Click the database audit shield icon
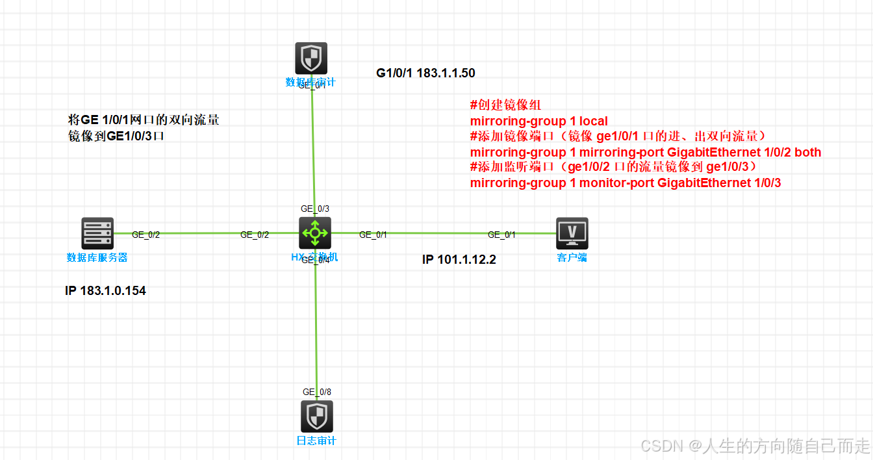pyautogui.click(x=311, y=58)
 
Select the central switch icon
pyautogui.click(x=315, y=233)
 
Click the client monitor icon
pyautogui.click(x=572, y=233)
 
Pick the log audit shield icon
pyautogui.click(x=317, y=416)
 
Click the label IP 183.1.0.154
pyautogui.click(x=105, y=291)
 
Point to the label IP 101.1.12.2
pyautogui.click(x=459, y=260)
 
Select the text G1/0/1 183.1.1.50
pyautogui.click(x=425, y=73)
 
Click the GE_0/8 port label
pyautogui.click(x=317, y=392)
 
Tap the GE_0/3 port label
pyautogui.click(x=315, y=209)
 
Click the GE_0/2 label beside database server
pyautogui.click(x=145, y=235)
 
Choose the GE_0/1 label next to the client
pyautogui.click(x=501, y=235)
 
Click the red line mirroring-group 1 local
pyautogui.click(x=538, y=121)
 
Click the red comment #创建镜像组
pyautogui.click(x=505, y=105)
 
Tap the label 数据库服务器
pyautogui.click(x=97, y=258)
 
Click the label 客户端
pyautogui.click(x=572, y=258)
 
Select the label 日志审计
pyautogui.click(x=317, y=441)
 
